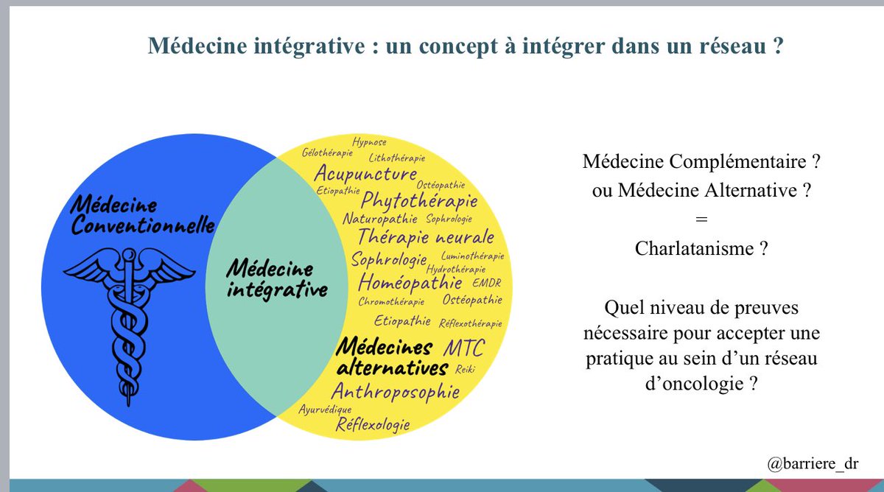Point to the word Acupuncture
point(365,174)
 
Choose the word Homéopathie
point(410,283)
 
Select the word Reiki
point(463,368)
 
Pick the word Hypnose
point(369,142)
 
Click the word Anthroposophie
point(395,391)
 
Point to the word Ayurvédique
point(325,410)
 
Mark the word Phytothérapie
point(419,200)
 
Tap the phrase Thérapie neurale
point(426,237)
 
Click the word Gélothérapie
point(326,152)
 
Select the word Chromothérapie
point(391,302)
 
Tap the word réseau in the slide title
point(729,46)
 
